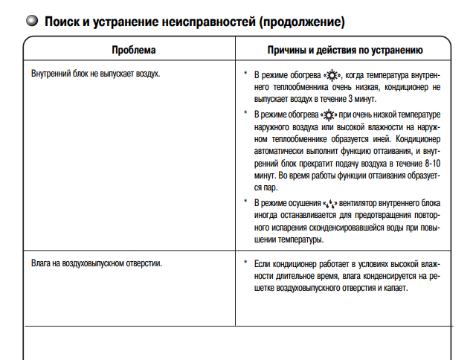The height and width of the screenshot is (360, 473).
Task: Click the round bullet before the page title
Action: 31,22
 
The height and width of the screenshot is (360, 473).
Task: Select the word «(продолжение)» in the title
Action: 301,22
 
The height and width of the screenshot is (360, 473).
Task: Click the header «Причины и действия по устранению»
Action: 345,51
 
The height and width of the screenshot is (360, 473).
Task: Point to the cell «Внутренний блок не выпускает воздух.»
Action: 96,74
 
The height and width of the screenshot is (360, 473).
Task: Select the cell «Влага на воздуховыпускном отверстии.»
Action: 97,263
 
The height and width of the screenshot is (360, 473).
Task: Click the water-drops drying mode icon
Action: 329,202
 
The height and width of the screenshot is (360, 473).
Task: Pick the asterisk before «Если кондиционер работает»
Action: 245,263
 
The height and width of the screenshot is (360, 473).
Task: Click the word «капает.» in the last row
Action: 394,288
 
